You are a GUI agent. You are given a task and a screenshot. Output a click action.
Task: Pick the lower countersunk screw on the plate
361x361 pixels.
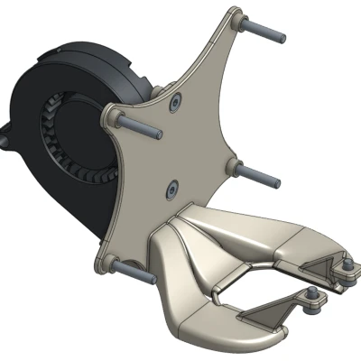click(x=170, y=189)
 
